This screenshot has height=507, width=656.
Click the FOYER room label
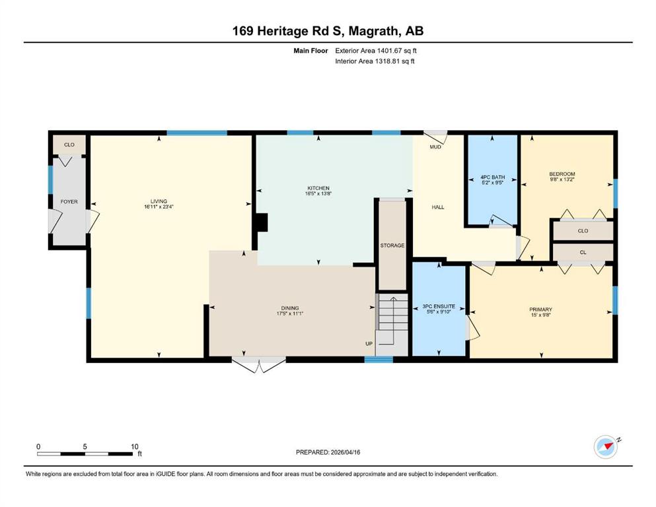tap(69, 201)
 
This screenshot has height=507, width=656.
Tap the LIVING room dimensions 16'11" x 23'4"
tap(159, 207)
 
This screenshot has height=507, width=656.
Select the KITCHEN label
tap(318, 188)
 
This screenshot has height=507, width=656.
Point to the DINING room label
tap(290, 308)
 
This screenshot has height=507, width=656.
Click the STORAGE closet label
tap(392, 246)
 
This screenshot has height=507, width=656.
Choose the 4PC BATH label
tap(492, 177)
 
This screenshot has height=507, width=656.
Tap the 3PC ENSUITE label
tap(439, 306)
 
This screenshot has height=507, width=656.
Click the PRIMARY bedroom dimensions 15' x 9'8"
tap(541, 315)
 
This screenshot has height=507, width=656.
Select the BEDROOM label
tap(562, 174)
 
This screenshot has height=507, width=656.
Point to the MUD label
tap(435, 147)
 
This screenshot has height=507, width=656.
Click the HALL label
tap(438, 207)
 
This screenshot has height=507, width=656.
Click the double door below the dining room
tap(259, 364)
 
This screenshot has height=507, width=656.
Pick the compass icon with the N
tap(606, 447)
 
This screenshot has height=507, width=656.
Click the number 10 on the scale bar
tap(134, 446)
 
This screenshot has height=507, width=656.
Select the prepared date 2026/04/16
tap(345, 452)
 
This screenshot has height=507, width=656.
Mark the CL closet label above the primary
tap(583, 252)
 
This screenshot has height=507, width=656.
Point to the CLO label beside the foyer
tap(69, 145)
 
